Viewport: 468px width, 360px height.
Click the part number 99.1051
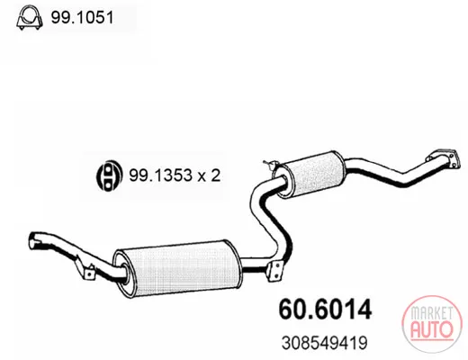[82, 17]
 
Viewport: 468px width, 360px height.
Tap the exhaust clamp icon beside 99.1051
[29, 17]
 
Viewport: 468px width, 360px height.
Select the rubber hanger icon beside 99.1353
[109, 175]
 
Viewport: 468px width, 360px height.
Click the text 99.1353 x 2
[175, 175]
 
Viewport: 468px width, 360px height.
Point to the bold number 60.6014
[325, 310]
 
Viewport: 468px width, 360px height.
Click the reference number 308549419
[324, 343]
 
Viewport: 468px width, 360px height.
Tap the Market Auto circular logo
[431, 323]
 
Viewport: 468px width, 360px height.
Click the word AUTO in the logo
[431, 329]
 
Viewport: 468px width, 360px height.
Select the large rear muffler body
[177, 268]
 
